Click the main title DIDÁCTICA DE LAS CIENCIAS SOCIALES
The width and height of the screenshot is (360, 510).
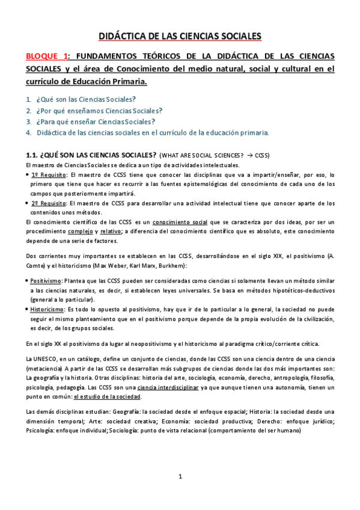coord(180,37)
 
